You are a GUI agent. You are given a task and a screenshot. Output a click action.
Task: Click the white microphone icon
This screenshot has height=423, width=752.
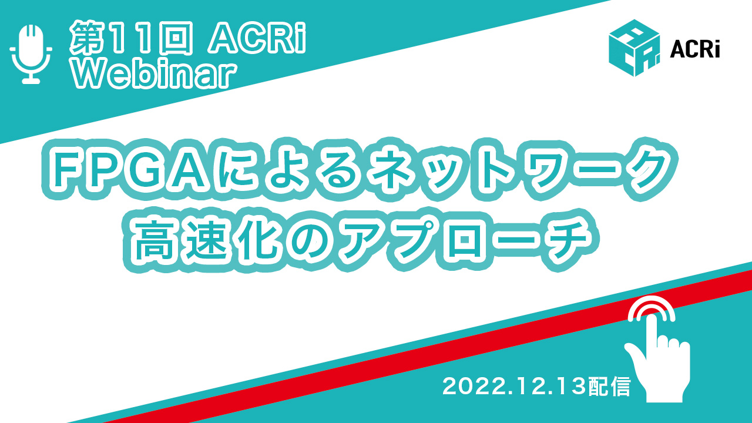coord(31,54)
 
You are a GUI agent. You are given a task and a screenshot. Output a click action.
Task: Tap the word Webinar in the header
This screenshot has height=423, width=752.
coord(153,76)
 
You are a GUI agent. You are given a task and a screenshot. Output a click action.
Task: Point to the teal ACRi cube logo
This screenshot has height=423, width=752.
coord(634,48)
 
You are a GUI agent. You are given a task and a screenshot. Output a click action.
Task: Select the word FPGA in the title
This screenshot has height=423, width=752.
coord(127,170)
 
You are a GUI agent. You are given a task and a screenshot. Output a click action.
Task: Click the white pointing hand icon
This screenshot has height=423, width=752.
coord(658,362)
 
